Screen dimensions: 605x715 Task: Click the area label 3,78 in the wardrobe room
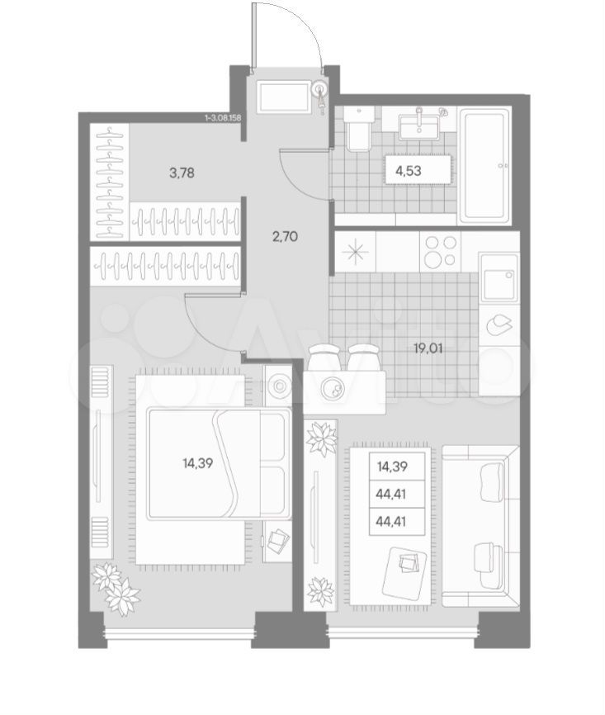coord(182,173)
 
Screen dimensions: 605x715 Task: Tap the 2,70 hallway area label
coord(285,236)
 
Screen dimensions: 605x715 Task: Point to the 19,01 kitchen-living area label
coord(428,348)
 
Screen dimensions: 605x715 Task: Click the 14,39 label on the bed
coord(197,464)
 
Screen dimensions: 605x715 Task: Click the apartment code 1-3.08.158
coord(223,117)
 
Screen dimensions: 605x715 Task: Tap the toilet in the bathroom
coord(359,129)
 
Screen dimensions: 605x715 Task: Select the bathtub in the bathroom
coord(485,165)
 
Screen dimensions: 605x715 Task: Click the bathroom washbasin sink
coord(419,125)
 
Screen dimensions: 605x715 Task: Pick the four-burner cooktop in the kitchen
coord(441,251)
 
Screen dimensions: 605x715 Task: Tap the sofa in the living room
coord(481,526)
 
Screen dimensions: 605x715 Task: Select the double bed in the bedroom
coord(219,464)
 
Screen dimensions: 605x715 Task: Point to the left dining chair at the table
coord(324,356)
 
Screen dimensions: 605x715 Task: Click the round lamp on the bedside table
coord(277,386)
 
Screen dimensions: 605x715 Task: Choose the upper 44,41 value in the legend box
coord(391,494)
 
